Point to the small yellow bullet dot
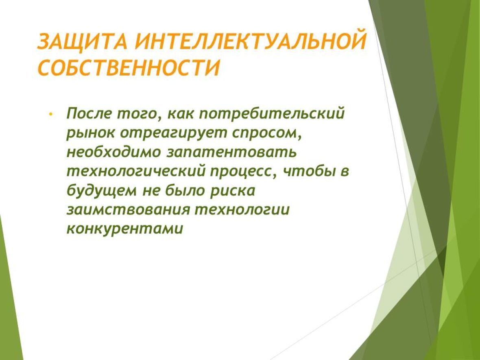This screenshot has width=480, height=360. pyautogui.click(x=50, y=114)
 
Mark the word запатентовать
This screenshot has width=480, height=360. pyautogui.click(x=231, y=153)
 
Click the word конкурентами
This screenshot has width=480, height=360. pyautogui.click(x=125, y=229)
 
